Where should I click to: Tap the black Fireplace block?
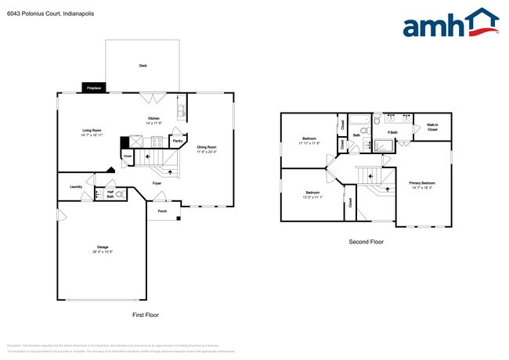pyautogui.click(x=93, y=88)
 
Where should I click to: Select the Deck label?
pyautogui.click(x=143, y=66)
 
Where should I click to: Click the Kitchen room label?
pyautogui.click(x=153, y=118)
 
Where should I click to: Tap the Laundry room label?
pyautogui.click(x=76, y=186)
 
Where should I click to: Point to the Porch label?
pyautogui.click(x=162, y=211)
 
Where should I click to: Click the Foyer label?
pyautogui.click(x=157, y=183)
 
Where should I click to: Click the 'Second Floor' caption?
pyautogui.click(x=366, y=242)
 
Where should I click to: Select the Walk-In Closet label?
pyautogui.click(x=432, y=127)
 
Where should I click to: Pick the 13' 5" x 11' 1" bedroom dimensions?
pyautogui.click(x=312, y=196)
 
